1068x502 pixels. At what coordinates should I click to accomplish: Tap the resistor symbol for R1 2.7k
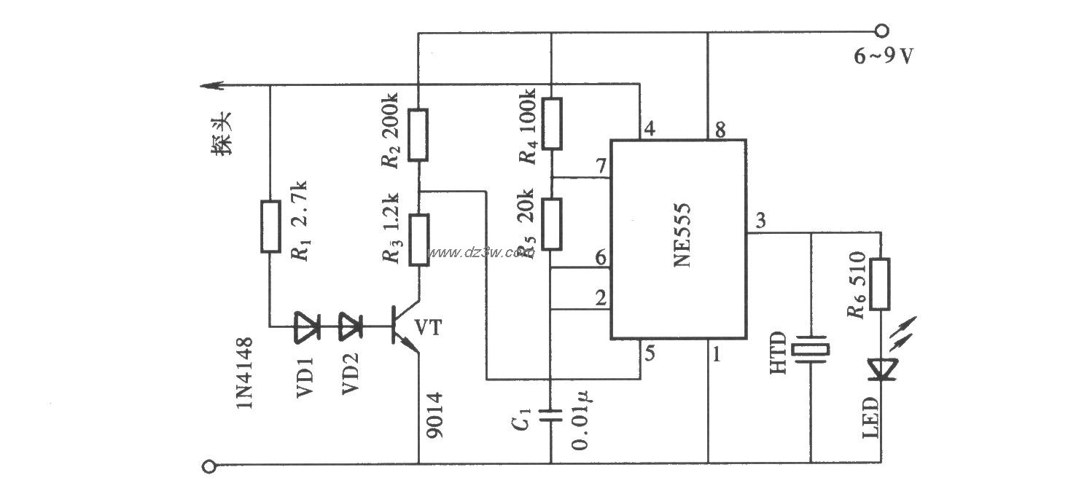click(270, 227)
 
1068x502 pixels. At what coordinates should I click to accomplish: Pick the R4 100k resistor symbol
click(551, 124)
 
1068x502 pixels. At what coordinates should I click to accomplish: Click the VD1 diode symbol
click(306, 327)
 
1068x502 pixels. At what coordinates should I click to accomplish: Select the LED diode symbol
click(881, 369)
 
